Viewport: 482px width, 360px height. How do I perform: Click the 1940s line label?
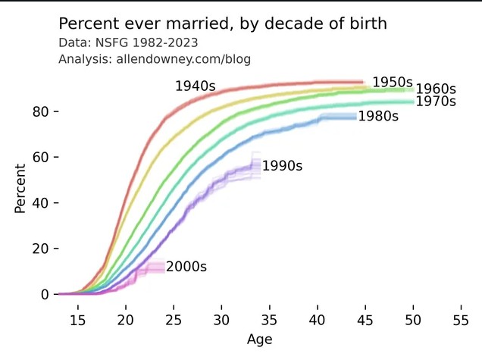[x=196, y=86]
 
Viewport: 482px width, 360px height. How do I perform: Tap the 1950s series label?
[x=393, y=82]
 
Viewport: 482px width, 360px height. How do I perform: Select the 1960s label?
[x=436, y=89]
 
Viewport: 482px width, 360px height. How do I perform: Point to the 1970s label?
[x=436, y=102]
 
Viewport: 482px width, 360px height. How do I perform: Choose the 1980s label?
[x=378, y=116]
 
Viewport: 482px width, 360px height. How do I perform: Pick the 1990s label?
[x=282, y=166]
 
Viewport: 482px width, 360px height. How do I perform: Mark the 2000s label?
[x=186, y=267]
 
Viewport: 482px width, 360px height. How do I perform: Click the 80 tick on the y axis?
[x=41, y=111]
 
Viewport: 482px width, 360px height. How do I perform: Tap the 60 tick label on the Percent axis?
[x=41, y=158]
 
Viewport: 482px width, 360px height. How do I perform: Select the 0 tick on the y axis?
[x=45, y=295]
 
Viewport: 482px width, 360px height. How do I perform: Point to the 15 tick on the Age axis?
[x=78, y=320]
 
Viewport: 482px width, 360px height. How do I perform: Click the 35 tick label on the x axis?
[x=269, y=320]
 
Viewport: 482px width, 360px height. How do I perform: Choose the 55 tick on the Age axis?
[x=461, y=320]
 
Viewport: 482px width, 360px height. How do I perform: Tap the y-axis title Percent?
[x=20, y=189]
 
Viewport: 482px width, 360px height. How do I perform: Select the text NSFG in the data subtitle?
[x=111, y=42]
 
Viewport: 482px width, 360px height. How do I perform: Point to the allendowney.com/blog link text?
[x=183, y=59]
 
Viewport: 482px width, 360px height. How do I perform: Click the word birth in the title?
[x=368, y=23]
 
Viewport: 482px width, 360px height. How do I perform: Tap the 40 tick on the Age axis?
[x=318, y=320]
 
